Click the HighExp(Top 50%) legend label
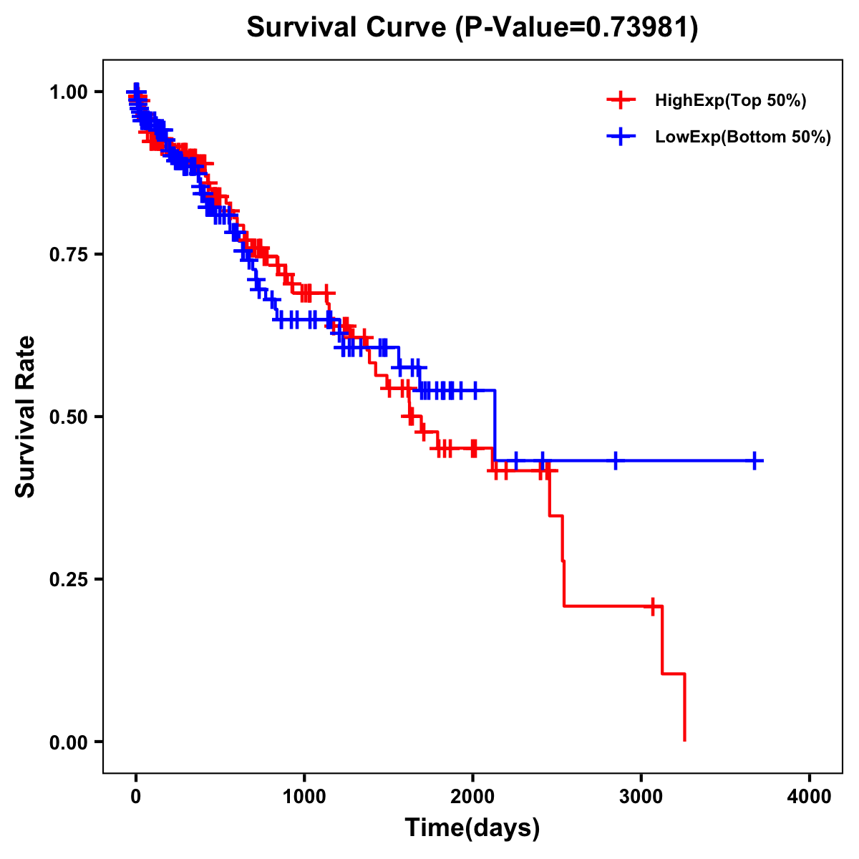click(x=731, y=101)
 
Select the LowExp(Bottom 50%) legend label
click(x=743, y=137)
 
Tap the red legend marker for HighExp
click(x=621, y=100)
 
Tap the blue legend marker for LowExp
click(x=621, y=137)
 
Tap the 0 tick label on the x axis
click(x=136, y=796)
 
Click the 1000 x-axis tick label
click(x=304, y=796)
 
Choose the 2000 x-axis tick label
click(x=472, y=796)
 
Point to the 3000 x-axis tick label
click(x=641, y=796)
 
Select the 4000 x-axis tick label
click(x=810, y=796)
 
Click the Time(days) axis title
click(x=472, y=828)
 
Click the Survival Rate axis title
click(x=26, y=417)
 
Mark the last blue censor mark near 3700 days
click(x=754, y=460)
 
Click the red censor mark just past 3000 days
click(x=652, y=606)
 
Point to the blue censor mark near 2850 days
click(x=615, y=460)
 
